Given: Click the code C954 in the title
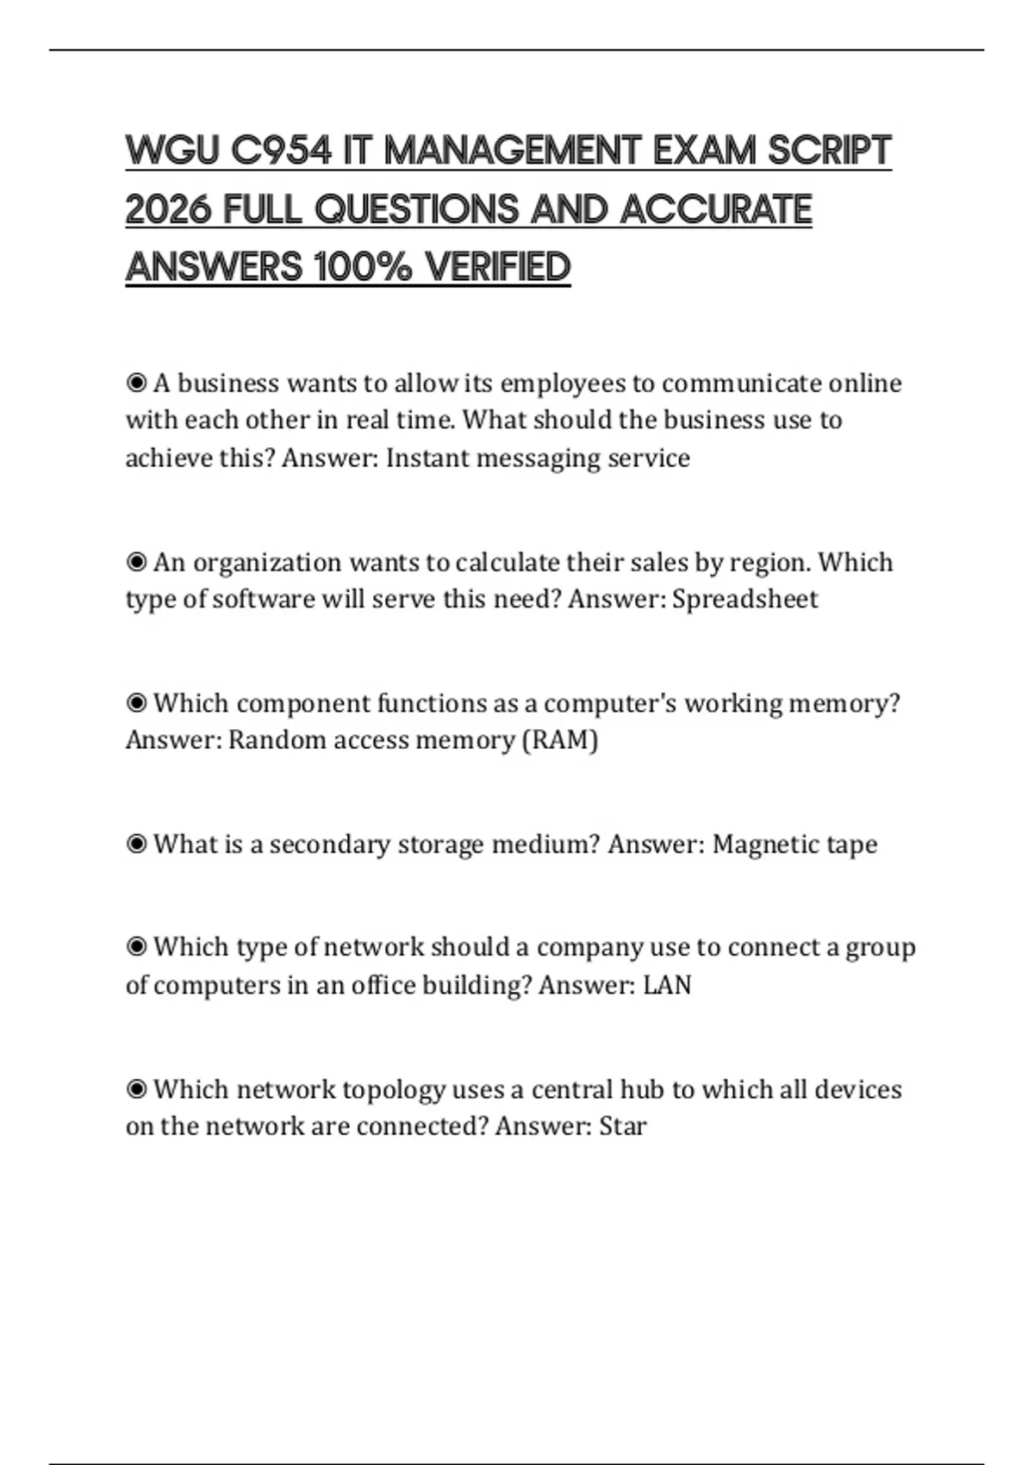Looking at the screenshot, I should tap(281, 151).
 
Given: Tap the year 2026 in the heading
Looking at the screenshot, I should tap(169, 209).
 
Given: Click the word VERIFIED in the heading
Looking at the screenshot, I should tap(498, 267).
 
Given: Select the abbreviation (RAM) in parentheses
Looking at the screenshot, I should tap(560, 740).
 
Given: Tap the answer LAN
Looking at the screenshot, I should tap(667, 985).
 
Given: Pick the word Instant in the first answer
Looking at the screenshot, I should tap(427, 458).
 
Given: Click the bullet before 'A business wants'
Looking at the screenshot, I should tap(136, 383).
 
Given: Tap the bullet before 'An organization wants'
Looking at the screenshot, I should tap(136, 562).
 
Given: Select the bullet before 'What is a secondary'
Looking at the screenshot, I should tap(136, 844).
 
